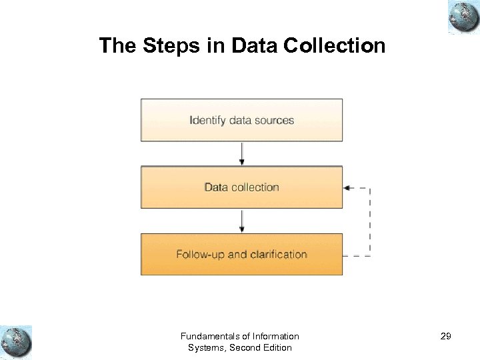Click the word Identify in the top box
[x=208, y=121]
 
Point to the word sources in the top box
[x=273, y=121]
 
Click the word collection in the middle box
[x=255, y=187]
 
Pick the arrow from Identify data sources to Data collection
[x=242, y=153]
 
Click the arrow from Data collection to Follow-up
[x=242, y=221]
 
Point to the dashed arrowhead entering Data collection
[x=347, y=188]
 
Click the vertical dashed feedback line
[x=370, y=222]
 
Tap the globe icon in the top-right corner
[x=463, y=17]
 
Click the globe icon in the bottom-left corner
[x=16, y=342]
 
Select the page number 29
[x=446, y=337]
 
